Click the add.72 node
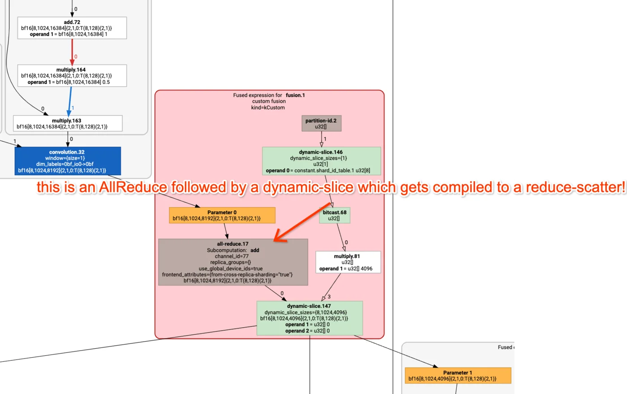click(72, 28)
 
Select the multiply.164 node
click(72, 76)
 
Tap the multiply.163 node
click(68, 124)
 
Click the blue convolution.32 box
click(68, 161)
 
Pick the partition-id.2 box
click(321, 123)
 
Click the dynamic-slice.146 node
click(321, 161)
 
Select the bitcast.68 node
click(335, 215)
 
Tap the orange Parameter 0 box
click(222, 215)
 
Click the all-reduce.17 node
click(233, 262)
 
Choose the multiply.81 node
click(348, 262)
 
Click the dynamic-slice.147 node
click(309, 318)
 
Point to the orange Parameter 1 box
click(458, 376)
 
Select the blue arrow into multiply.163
click(70, 101)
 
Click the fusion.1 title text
click(295, 95)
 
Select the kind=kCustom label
click(268, 108)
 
